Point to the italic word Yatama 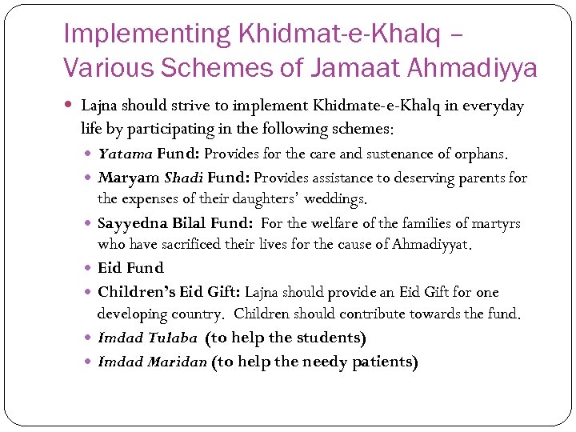click(x=125, y=153)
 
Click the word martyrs click(x=498, y=222)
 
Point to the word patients click(x=382, y=362)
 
